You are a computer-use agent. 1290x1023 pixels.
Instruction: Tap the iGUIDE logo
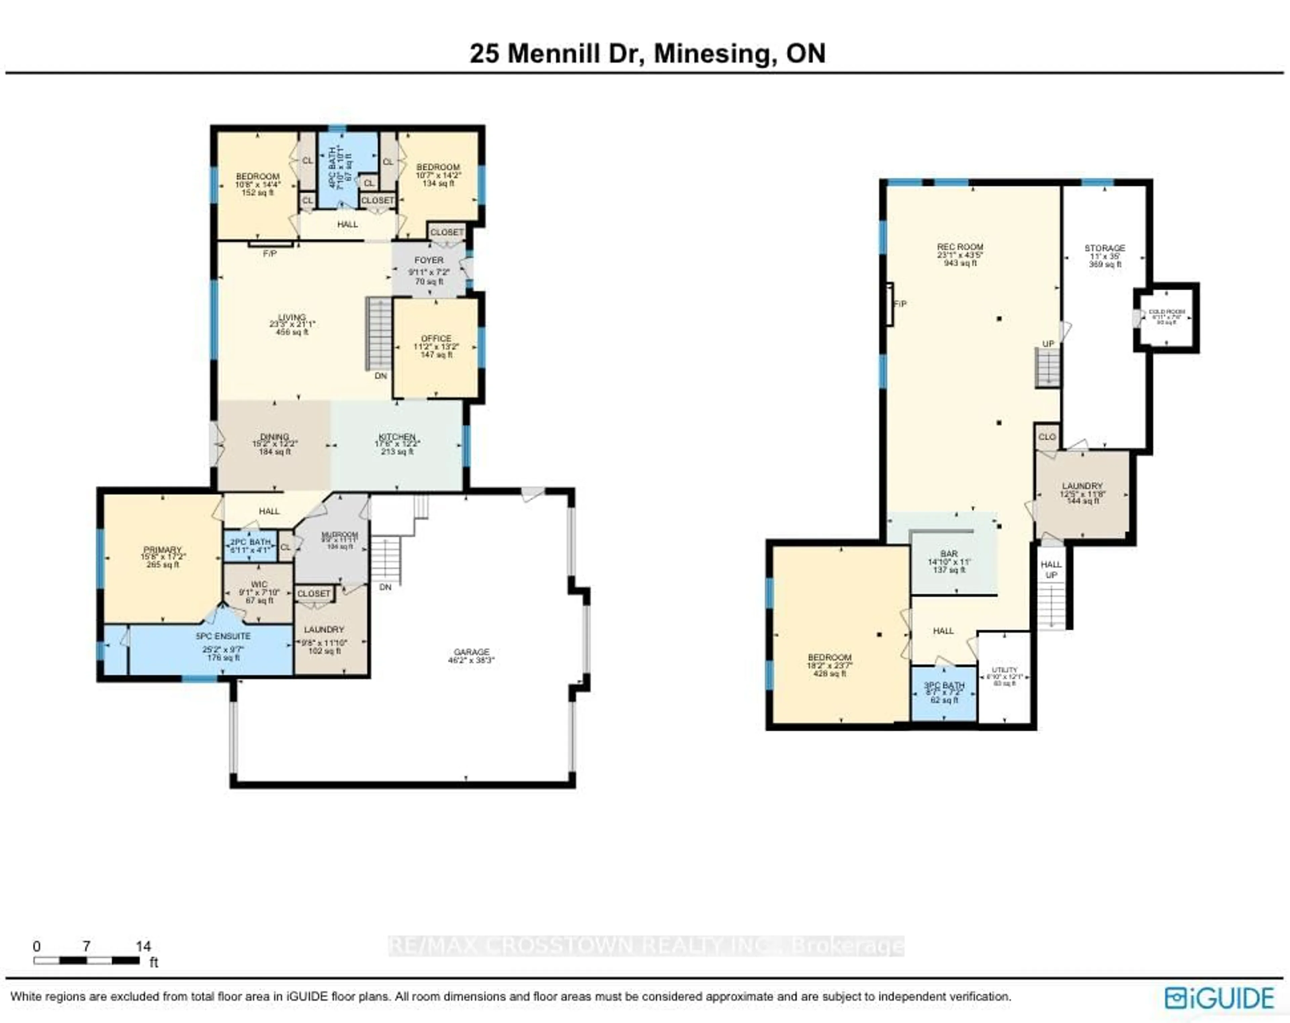[x=1219, y=998]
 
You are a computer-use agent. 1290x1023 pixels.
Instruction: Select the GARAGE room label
[x=471, y=652]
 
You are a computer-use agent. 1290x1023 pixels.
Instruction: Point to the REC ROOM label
[x=960, y=247]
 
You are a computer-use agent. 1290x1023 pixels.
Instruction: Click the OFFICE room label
[x=436, y=338]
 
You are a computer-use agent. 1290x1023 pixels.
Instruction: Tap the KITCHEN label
[x=397, y=437]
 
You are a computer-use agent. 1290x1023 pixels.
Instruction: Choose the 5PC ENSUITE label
[x=223, y=636]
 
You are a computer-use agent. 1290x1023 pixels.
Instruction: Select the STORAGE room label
[x=1105, y=248]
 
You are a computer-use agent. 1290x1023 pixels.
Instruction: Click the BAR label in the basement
[x=949, y=554]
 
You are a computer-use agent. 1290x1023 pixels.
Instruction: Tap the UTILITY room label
[x=1004, y=670]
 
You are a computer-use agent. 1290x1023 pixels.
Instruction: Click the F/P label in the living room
[x=270, y=253]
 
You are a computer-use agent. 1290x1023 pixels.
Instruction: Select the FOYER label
[x=429, y=260]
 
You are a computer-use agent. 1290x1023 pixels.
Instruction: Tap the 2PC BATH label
[x=251, y=542]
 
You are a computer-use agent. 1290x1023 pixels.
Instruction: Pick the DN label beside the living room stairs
[x=381, y=376]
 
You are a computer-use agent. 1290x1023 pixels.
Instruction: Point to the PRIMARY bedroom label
[x=162, y=549]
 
